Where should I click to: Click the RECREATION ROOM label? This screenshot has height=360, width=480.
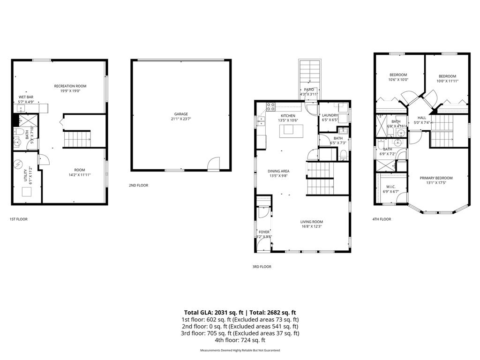[x=70, y=86]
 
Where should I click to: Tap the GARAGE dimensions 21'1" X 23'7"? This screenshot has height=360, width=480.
[x=181, y=119]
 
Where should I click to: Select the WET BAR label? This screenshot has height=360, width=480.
[x=26, y=97]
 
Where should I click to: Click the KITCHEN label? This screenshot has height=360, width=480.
[x=288, y=115]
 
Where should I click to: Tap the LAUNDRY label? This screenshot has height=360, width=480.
[x=330, y=115]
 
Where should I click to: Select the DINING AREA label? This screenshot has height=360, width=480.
[x=278, y=171]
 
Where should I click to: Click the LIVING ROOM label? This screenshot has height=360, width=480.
[x=312, y=222]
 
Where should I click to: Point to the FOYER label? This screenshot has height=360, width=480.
[x=264, y=232]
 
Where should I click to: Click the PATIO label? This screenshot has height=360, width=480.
[x=309, y=90]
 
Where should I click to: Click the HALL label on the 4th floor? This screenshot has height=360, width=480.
[x=422, y=118]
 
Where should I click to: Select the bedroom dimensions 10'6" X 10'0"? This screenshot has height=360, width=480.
[x=398, y=80]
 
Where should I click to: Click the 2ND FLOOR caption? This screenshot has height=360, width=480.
[x=138, y=185]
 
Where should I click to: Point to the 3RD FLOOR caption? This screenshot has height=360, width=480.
[x=262, y=267]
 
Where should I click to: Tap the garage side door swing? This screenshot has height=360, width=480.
[x=213, y=163]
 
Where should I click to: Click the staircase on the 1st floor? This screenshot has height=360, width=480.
[x=76, y=139]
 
